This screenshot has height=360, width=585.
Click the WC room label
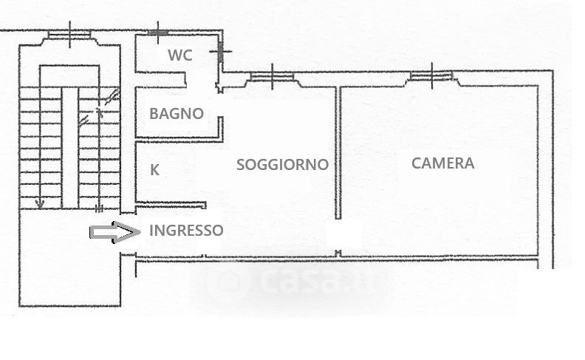click(180, 55)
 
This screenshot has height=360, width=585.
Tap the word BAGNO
click(176, 114)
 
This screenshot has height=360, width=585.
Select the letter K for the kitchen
click(154, 169)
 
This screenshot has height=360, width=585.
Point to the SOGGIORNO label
click(282, 164)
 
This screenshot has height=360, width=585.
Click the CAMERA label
click(442, 163)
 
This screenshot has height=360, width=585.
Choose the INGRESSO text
click(185, 230)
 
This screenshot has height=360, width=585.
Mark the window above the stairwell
click(69, 34)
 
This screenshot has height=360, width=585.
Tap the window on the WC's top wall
click(157, 32)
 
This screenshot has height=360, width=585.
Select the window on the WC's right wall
click(220, 52)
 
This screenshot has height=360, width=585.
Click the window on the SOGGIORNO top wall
click(273, 76)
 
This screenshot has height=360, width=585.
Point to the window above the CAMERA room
click(432, 75)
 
